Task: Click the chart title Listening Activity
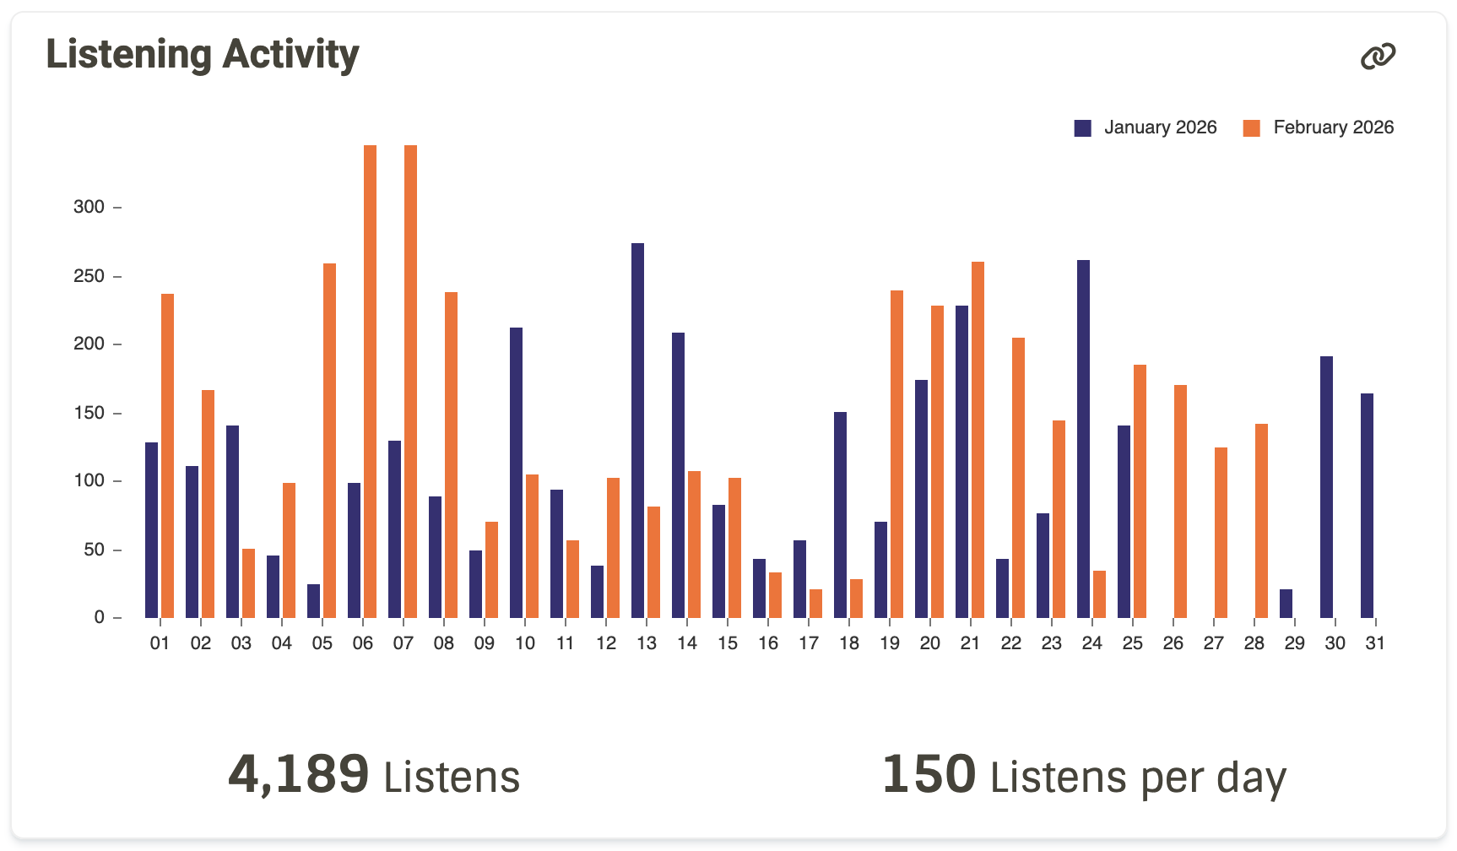(x=203, y=55)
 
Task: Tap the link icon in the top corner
(x=1378, y=57)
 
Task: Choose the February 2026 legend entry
(x=1319, y=127)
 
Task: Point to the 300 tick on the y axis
(x=89, y=207)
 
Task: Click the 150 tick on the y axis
(x=89, y=413)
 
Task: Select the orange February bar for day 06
(x=370, y=382)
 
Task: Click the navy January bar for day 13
(x=637, y=431)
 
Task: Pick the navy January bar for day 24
(x=1083, y=439)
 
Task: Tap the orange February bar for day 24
(x=1099, y=594)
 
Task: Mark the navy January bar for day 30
(x=1326, y=487)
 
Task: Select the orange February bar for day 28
(x=1261, y=521)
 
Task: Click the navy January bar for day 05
(x=313, y=601)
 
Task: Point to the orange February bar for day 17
(x=815, y=604)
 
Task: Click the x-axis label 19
(x=890, y=643)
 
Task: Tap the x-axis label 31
(x=1375, y=643)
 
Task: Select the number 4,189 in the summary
(x=298, y=774)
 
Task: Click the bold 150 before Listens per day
(x=929, y=774)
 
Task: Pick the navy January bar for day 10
(x=516, y=473)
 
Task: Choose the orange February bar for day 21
(x=978, y=440)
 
